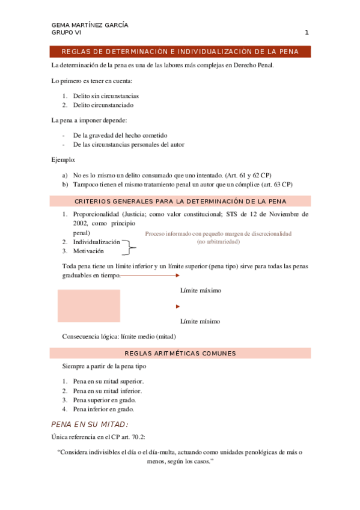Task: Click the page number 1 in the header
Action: point(307,32)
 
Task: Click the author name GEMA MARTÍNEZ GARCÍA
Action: point(90,25)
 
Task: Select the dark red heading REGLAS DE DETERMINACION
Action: point(180,52)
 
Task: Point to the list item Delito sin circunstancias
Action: point(106,96)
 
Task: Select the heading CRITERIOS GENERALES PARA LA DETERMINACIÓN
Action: point(180,201)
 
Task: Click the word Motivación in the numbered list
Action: point(88,251)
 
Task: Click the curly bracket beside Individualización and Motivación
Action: point(131,244)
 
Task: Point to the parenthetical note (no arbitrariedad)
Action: point(218,241)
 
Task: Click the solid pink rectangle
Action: point(88,306)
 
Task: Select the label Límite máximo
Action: point(201,290)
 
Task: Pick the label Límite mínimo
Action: point(200,321)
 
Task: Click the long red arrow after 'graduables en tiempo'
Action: point(150,276)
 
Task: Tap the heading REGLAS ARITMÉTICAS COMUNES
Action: point(180,353)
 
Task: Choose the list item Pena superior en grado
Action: point(105,400)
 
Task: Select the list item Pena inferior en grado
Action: point(103,409)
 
